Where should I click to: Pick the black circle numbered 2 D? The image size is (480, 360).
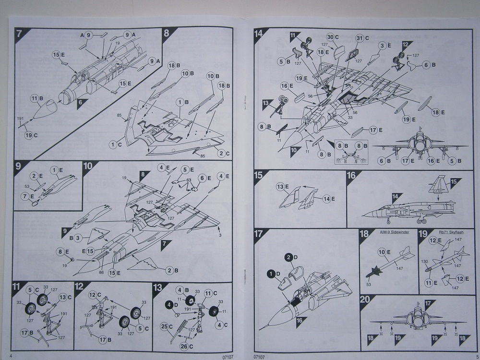[291, 257]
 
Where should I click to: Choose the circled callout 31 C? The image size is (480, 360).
[361, 38]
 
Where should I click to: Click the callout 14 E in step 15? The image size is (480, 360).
[327, 198]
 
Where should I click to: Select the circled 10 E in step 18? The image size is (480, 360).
[383, 252]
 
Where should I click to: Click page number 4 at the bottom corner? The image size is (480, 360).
[10, 356]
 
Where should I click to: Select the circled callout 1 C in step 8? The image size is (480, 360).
[114, 144]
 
